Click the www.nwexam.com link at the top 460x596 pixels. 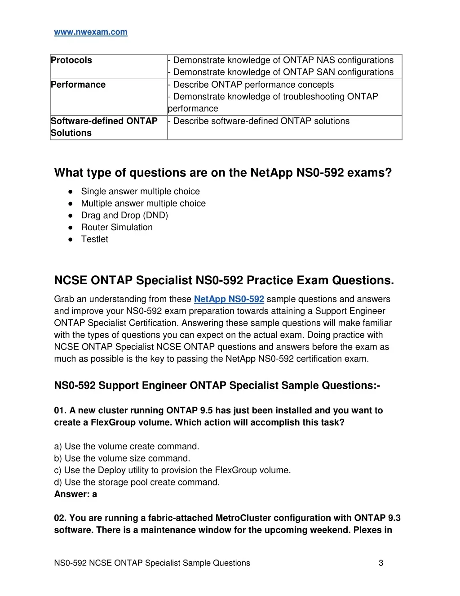(x=91, y=32)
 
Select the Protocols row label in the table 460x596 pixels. (x=71, y=60)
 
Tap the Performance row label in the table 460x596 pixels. (x=78, y=85)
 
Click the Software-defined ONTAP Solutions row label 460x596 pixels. (x=104, y=127)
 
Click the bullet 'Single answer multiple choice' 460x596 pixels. (x=140, y=192)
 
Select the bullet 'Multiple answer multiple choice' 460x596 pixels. (x=143, y=203)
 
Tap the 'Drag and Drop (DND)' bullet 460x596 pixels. (x=124, y=215)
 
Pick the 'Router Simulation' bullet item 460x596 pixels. (x=117, y=227)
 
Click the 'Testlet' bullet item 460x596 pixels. (x=95, y=239)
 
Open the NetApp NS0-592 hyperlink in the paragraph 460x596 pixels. (x=229, y=299)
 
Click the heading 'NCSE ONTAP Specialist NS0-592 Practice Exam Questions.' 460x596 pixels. (x=224, y=281)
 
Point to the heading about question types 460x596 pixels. (x=223, y=173)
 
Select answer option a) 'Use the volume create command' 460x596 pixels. (x=127, y=447)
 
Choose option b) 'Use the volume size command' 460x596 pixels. (x=122, y=458)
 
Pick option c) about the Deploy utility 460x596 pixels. (x=172, y=471)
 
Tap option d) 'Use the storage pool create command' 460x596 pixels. (x=137, y=482)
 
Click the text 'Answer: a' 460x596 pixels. (x=75, y=494)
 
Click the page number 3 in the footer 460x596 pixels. (x=381, y=563)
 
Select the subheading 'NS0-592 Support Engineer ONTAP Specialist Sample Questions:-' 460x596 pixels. (x=217, y=386)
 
